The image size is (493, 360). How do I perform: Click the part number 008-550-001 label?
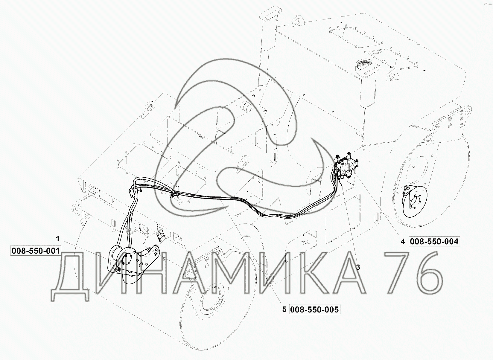(36, 251)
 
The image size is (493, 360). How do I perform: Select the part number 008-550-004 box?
(434, 242)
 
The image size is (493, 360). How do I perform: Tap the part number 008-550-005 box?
(314, 310)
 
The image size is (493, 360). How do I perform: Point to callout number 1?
(58, 239)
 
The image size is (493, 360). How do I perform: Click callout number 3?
(358, 267)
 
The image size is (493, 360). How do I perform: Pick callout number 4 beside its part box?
(403, 242)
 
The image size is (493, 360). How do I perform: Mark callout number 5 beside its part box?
(284, 310)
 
